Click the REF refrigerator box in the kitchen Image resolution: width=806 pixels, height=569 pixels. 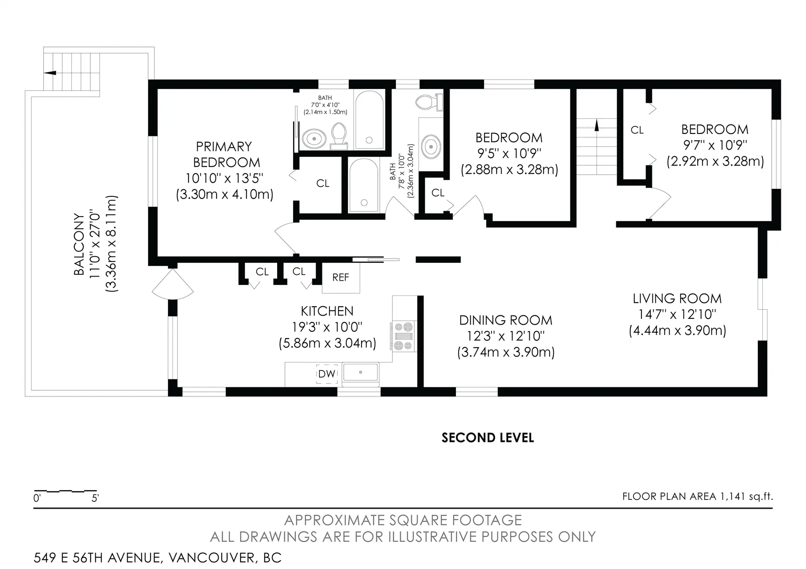pos(340,278)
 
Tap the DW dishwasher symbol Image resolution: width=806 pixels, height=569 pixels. pos(327,374)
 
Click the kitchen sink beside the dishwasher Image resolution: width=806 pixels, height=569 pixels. pos(360,373)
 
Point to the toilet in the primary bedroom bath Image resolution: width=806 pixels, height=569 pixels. pos(338,135)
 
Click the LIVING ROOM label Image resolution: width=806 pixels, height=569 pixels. pos(677,299)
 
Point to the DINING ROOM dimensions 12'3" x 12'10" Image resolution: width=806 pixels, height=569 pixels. pos(506,336)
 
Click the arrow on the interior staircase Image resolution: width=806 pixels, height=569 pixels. pos(596,125)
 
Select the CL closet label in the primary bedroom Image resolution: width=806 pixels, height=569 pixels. pos(322,183)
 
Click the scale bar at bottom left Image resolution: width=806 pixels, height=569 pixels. pos(65,491)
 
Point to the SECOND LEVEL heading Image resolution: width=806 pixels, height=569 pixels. pos(487,438)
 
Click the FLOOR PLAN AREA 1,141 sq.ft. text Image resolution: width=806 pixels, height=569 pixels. pos(697,497)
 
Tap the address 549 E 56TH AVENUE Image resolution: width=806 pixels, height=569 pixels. pos(157,558)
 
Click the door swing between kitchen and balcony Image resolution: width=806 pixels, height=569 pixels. pos(173,284)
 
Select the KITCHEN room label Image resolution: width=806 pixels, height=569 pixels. pos(327,311)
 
